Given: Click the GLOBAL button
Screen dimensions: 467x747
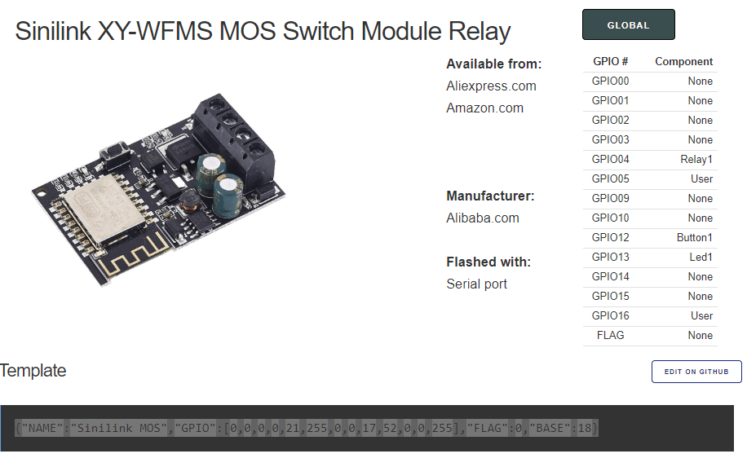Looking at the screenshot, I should (628, 25).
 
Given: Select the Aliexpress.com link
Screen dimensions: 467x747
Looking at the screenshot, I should (491, 86).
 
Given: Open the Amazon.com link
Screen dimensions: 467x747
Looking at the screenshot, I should (484, 108).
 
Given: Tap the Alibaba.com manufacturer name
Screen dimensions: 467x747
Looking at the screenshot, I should (482, 218).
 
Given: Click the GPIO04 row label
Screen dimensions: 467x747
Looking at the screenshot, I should (610, 159).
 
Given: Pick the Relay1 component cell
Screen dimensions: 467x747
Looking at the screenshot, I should (696, 159).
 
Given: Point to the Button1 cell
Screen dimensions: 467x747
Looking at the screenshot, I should (694, 237).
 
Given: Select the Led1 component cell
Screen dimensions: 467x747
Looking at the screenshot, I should (701, 257).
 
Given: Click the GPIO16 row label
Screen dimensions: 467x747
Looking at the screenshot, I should (610, 315).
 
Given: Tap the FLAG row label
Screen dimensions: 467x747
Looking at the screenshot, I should (610, 335).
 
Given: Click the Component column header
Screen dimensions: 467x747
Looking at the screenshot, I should (683, 61).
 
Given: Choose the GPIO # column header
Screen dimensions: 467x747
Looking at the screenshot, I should (610, 61).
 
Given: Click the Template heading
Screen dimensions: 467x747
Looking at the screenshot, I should (33, 371).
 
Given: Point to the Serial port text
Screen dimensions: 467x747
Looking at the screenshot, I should (476, 284).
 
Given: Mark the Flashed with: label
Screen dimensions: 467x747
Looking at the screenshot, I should (488, 262).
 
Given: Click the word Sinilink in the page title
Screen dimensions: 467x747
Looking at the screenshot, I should (53, 31).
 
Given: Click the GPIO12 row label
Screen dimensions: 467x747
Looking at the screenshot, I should (610, 237).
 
